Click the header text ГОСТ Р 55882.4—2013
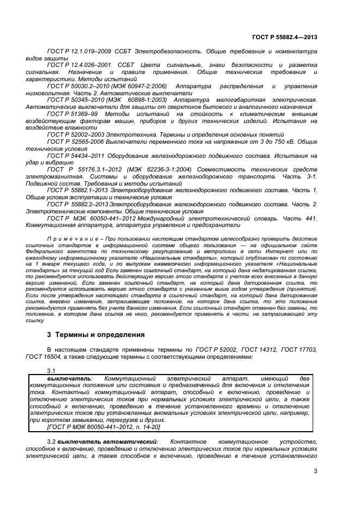click(285, 38)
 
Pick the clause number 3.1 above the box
click(51, 371)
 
